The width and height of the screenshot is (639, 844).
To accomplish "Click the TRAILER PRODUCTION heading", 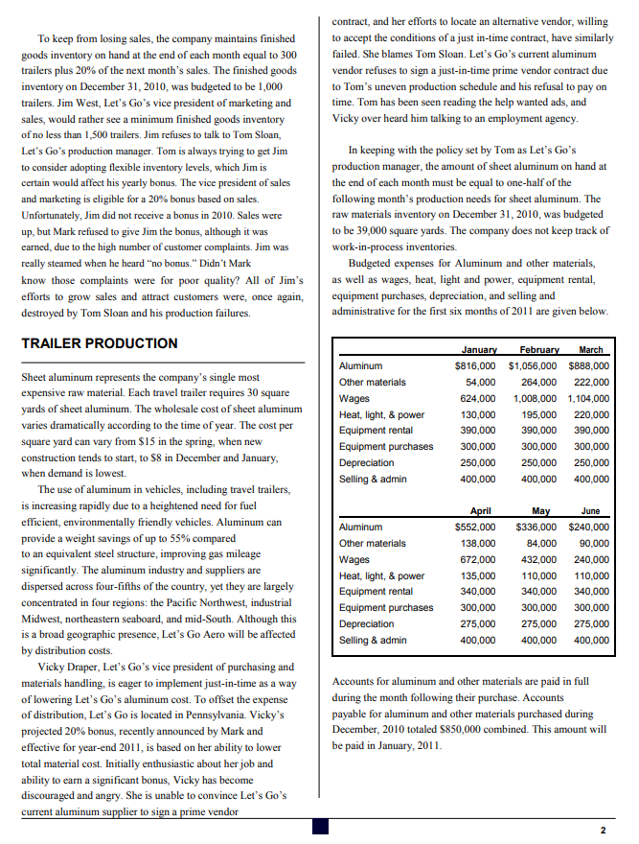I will coord(99,343).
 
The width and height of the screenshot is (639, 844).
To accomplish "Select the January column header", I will coord(478,350).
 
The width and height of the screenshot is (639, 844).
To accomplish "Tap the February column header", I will coord(538,350).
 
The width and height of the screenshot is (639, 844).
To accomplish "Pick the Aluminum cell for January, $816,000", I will coord(474,365).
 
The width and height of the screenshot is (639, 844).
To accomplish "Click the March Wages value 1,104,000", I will coord(588,398).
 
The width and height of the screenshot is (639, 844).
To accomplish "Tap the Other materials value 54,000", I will coord(480,382).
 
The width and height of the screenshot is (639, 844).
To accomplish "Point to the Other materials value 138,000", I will coord(478,543).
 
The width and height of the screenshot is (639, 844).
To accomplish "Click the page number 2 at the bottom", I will coord(603,830).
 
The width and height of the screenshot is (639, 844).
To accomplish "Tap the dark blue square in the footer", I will coord(320,826).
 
